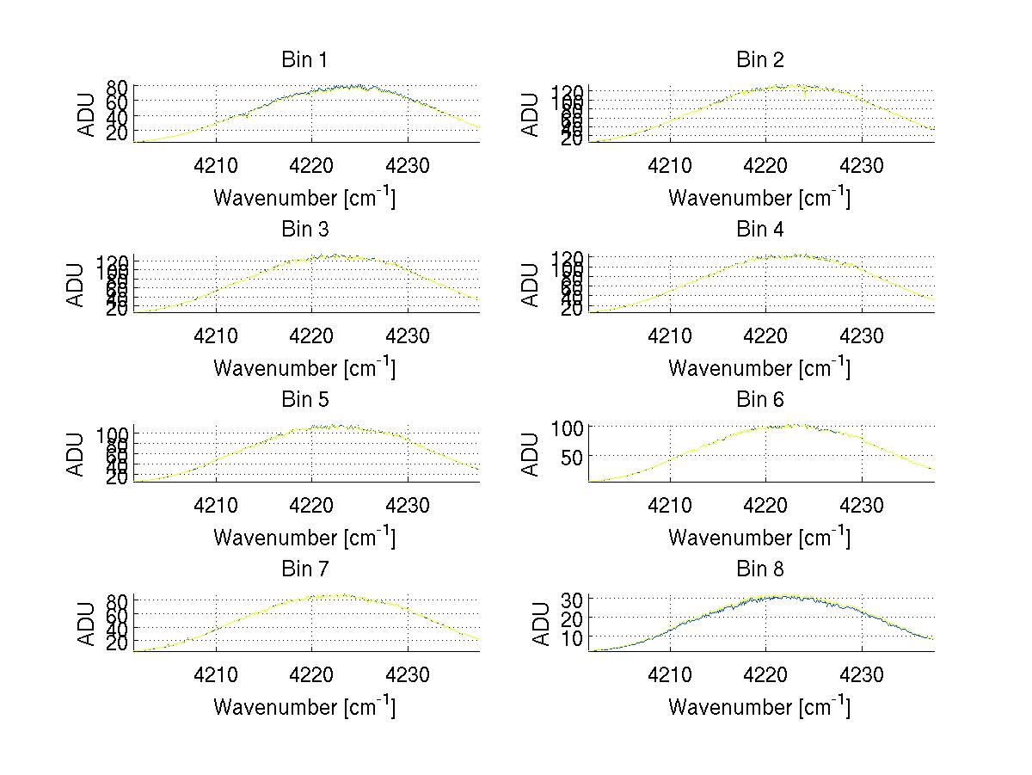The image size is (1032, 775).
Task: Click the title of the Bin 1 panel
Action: point(304,59)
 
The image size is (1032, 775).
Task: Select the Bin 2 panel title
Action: point(759,59)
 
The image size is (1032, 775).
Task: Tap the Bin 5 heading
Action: point(304,399)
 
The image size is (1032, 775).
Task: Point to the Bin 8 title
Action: point(759,569)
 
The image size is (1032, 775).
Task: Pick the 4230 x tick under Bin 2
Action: point(862,165)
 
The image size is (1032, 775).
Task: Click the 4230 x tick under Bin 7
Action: point(408,674)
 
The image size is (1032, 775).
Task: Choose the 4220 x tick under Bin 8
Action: point(765,674)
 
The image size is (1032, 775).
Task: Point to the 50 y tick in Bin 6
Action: point(574,457)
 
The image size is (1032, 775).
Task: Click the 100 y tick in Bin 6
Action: point(568,427)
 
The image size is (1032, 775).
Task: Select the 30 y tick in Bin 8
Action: point(574,598)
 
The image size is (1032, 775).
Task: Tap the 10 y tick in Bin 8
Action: point(574,637)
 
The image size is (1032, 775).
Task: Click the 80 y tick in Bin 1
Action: point(119,87)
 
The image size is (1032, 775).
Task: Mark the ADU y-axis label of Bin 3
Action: point(77,284)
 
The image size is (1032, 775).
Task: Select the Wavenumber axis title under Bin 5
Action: point(304,538)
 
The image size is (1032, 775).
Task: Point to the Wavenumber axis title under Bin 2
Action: point(759,199)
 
